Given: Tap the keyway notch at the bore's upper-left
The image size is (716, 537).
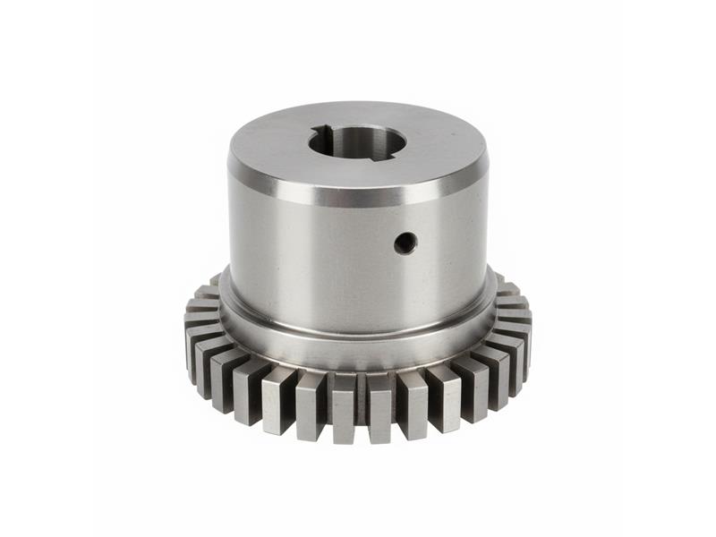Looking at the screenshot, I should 320,134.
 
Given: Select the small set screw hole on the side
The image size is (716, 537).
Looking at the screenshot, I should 405,242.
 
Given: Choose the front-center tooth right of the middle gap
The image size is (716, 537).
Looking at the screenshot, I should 380,407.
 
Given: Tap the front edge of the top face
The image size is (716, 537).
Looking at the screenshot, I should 358,183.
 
